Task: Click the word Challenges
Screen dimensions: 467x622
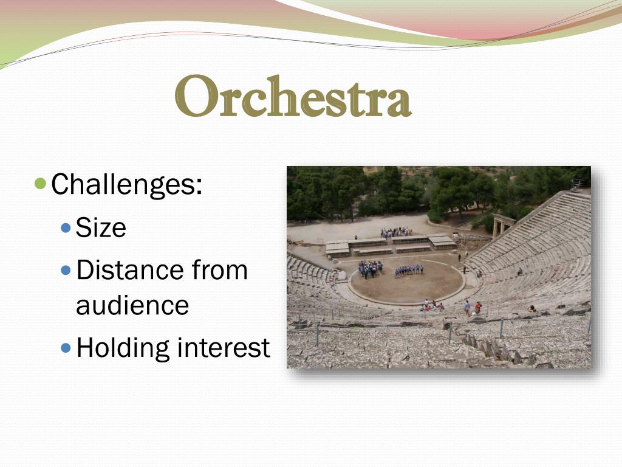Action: coord(126,184)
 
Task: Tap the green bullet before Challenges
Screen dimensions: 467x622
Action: coord(41,183)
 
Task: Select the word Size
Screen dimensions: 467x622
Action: coord(101,228)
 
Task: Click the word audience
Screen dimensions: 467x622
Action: coord(132,305)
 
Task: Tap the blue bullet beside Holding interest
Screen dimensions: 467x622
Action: coord(66,348)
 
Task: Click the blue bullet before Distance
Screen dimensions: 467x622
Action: coord(66,270)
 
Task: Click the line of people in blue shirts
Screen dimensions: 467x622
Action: coord(409,270)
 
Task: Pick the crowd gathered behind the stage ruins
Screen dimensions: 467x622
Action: coord(395,232)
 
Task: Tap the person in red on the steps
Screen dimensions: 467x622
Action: coord(478,307)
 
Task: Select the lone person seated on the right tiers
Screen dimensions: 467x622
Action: coord(519,272)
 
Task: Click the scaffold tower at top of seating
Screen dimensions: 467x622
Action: coord(578,184)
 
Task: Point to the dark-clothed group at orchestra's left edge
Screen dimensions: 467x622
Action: coord(370,268)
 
